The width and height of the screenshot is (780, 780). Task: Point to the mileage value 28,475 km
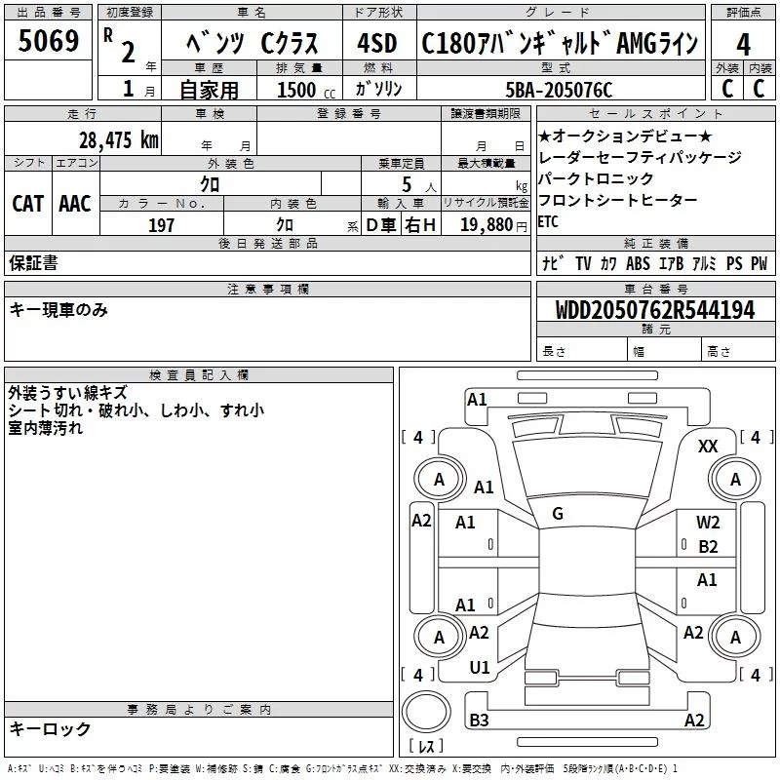[x=117, y=139]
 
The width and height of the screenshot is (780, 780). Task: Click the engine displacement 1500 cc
[x=297, y=90]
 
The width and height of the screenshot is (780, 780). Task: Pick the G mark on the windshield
[x=558, y=513]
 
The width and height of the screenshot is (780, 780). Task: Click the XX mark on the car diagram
[x=709, y=446]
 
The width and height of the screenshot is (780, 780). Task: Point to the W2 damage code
[x=708, y=523]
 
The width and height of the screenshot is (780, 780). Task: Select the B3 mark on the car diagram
[x=479, y=721]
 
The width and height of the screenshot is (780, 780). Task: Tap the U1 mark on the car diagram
[x=479, y=668]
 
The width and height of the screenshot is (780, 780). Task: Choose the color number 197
[x=161, y=225]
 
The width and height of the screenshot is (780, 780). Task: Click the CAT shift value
[x=27, y=203]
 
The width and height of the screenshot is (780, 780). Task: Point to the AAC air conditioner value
[x=75, y=203]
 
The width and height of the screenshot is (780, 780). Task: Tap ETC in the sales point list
[x=549, y=221]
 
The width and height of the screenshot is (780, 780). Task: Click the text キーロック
[x=50, y=729]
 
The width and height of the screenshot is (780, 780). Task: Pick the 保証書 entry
[x=33, y=262]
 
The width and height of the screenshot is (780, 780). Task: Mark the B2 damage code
[x=708, y=547]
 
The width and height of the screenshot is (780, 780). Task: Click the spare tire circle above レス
[x=426, y=713]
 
